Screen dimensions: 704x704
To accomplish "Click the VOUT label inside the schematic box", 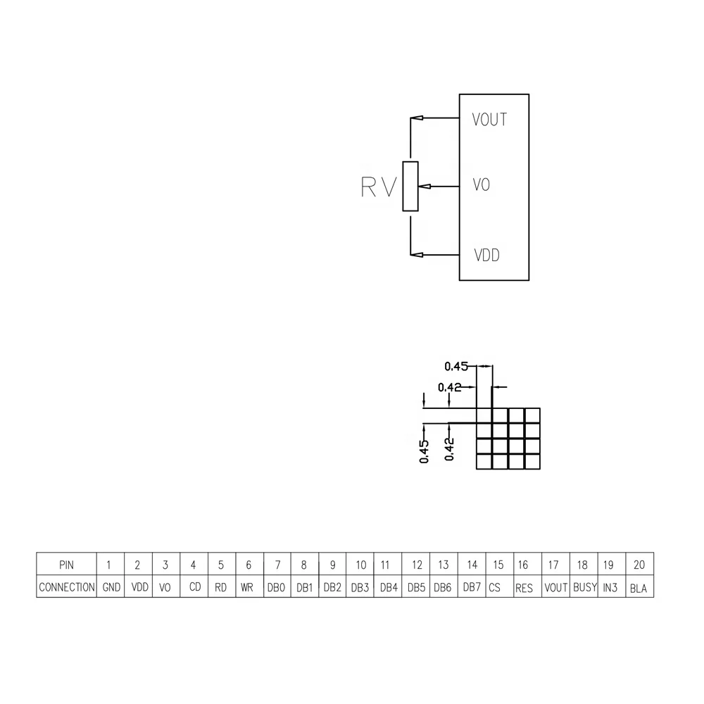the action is point(490,120).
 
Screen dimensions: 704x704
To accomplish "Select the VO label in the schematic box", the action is point(482,186).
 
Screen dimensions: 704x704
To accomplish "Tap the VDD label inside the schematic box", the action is point(486,255).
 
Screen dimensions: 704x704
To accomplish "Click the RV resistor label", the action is point(379,187).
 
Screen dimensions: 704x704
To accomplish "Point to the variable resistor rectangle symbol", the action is point(410,186).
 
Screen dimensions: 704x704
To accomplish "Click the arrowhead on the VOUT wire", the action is point(417,118).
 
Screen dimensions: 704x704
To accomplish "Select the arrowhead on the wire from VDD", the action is point(417,254).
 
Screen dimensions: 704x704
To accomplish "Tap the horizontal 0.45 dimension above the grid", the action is point(456,366).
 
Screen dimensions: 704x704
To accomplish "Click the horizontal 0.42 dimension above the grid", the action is point(449,386).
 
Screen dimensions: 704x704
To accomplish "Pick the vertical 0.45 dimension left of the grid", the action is point(424,451).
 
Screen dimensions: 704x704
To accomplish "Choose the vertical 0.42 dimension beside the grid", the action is point(450,448).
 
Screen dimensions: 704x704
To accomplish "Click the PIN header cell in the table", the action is point(66,565).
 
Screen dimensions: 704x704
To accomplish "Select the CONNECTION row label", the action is point(67,587).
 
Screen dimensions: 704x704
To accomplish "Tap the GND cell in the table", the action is point(111,587).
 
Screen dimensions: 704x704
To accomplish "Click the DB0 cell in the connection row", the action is point(277,587).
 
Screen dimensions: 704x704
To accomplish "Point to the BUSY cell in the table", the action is point(584,587).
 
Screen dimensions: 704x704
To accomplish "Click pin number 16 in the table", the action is point(523,565).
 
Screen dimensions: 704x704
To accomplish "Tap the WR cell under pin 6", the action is point(246,587).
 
